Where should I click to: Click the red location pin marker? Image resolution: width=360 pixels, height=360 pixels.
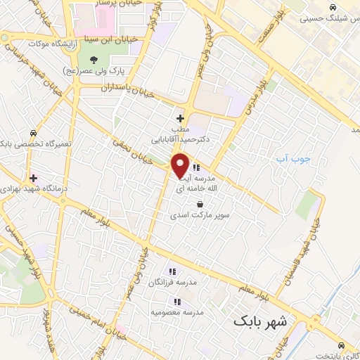(181, 166)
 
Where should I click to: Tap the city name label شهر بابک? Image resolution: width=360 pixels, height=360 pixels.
(260, 321)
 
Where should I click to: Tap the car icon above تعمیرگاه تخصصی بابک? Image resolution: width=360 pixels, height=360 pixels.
(34, 132)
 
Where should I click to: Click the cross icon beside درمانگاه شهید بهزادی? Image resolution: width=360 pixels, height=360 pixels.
(32, 179)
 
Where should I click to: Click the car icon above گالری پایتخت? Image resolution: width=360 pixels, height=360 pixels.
(340, 345)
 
